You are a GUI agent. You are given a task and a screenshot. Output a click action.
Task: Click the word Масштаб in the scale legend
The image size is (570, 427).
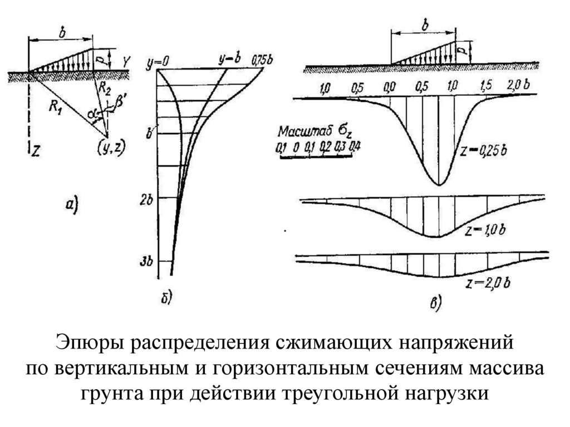(x=303, y=134)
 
